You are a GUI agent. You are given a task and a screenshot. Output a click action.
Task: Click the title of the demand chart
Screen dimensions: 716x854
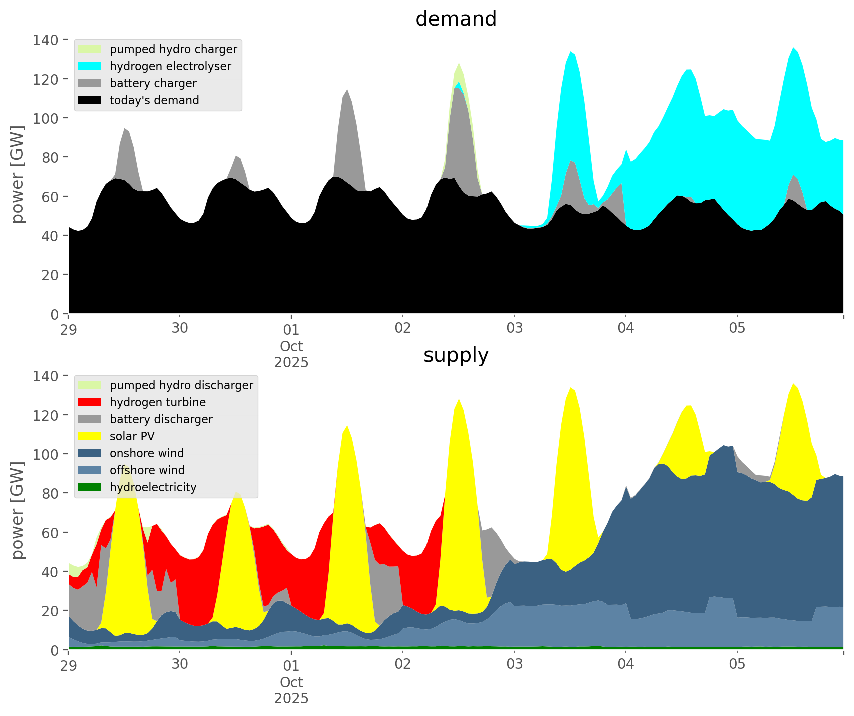click(456, 19)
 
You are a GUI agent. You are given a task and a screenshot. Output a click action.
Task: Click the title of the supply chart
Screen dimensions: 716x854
click(456, 355)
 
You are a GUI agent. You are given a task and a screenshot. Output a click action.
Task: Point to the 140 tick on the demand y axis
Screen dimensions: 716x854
click(46, 40)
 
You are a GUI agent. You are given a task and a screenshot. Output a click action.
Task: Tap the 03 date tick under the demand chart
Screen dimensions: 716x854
click(514, 329)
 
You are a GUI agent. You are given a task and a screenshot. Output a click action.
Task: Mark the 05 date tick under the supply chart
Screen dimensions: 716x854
click(737, 665)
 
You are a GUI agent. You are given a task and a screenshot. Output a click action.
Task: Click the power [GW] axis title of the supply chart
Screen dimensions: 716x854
click(18, 510)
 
